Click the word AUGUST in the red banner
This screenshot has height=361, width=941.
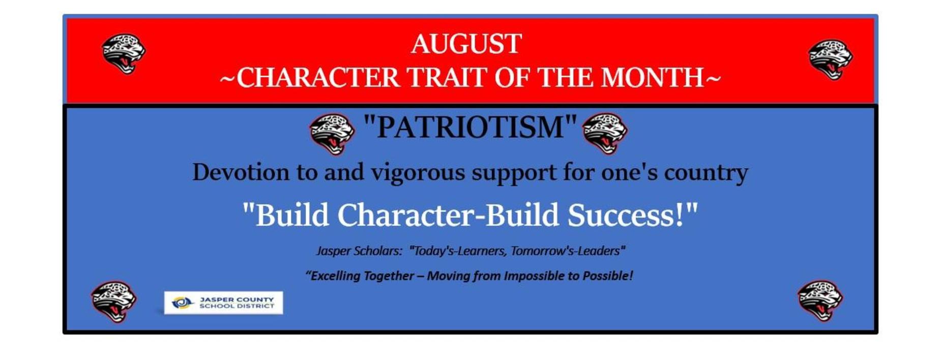coord(466,44)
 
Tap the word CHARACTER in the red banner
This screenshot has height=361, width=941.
coord(318,78)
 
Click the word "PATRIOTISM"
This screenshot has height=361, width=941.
coord(470,127)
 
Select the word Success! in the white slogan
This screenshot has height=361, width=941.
coord(633,215)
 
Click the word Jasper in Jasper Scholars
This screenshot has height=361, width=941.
coord(333,251)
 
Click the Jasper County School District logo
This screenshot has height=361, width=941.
coord(223,303)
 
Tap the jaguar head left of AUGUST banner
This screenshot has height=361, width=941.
coord(124,53)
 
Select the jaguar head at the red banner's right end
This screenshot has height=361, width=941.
coord(830,59)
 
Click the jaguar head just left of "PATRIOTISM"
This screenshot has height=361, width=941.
coord(332,134)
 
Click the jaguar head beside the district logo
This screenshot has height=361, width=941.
coord(113,302)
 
